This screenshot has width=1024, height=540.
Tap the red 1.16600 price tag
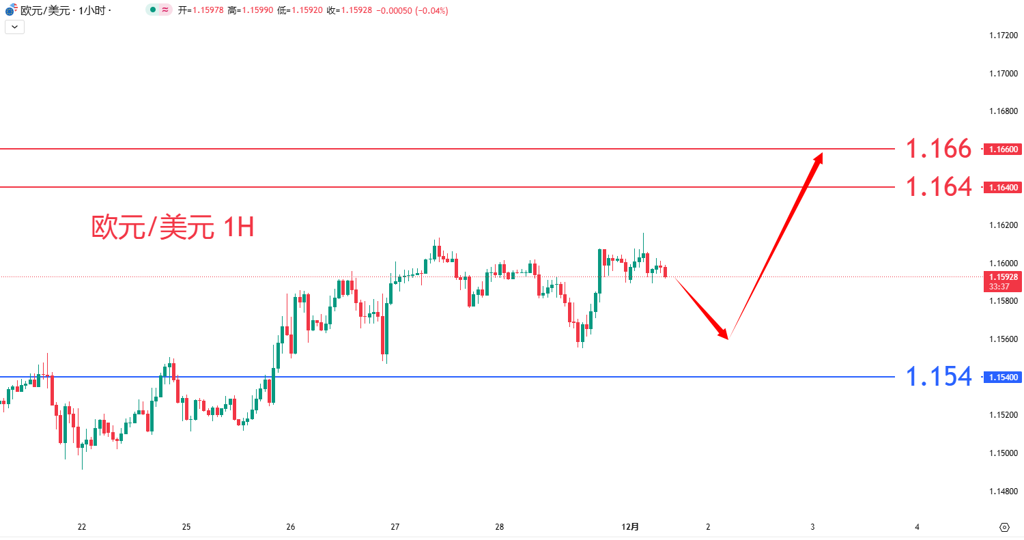[1003, 149]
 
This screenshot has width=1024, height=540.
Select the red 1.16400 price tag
[1003, 187]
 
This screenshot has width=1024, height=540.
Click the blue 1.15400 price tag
[1003, 377]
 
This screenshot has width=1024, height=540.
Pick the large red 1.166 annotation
[938, 148]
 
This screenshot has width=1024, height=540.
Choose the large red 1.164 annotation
[938, 186]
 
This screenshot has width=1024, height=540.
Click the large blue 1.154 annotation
[938, 376]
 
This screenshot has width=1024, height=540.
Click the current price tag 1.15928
[1003, 277]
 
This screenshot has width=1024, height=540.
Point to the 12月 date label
[631, 526]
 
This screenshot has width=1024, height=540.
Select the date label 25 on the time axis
[186, 526]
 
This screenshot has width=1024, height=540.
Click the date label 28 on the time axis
[500, 526]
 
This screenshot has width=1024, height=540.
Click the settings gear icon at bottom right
[1004, 527]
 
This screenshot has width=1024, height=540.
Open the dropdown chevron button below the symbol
[14, 27]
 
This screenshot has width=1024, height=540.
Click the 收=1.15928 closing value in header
[349, 11]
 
